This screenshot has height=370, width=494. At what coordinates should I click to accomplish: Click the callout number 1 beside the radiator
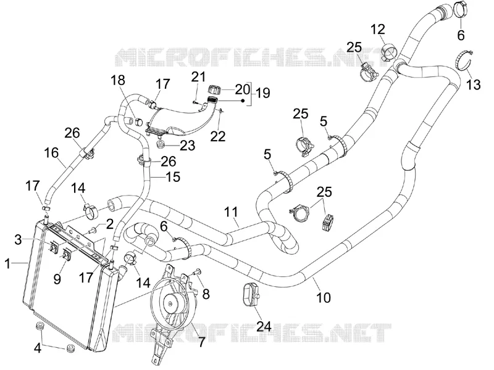point(8,264)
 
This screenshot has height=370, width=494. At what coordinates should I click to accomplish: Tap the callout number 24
point(264,326)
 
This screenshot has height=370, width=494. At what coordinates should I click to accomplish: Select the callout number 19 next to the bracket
point(263,93)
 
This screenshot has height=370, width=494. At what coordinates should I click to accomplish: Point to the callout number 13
point(473,84)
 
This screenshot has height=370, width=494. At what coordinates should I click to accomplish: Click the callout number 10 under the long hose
point(323,297)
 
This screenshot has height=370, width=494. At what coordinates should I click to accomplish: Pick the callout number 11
point(232,212)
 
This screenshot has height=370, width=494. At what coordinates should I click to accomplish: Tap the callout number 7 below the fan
point(201,342)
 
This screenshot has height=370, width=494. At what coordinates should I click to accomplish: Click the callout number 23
point(188,146)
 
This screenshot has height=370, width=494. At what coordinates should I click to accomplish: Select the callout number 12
point(378,29)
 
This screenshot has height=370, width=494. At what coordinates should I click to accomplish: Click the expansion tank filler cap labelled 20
point(213,89)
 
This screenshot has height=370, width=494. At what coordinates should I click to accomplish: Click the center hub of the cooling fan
point(170,303)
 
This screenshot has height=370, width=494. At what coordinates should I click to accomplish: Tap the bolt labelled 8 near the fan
point(197,271)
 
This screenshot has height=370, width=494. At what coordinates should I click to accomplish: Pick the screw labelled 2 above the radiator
point(94,231)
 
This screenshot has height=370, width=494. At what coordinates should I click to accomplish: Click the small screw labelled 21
point(195,102)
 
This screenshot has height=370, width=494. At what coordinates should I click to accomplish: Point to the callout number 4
point(38,348)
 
